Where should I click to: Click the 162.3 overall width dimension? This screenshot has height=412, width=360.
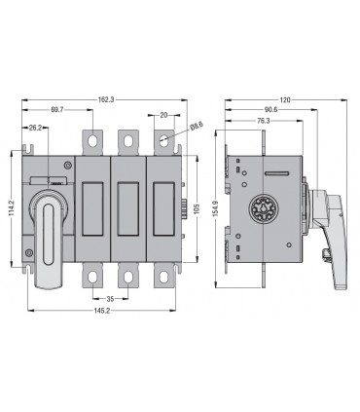(x=106, y=99)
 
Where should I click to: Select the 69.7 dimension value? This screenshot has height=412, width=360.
(x=57, y=109)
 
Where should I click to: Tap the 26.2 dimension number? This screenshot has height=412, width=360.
(x=35, y=128)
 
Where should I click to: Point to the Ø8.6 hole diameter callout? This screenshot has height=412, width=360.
(x=197, y=126)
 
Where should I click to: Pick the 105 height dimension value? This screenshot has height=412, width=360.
(x=197, y=208)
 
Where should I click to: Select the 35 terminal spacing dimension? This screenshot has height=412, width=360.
(x=110, y=299)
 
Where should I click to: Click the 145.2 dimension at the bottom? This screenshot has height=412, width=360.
(x=102, y=311)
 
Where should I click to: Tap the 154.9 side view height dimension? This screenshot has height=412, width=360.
(x=216, y=208)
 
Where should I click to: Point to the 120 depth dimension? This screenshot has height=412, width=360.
(x=285, y=99)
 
